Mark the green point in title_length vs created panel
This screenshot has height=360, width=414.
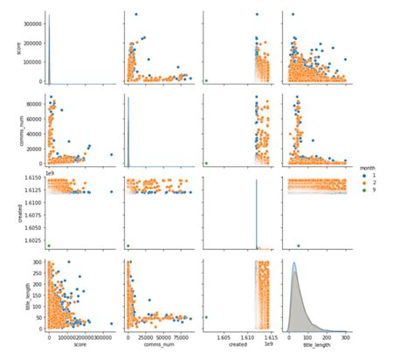[x=206, y=317]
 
